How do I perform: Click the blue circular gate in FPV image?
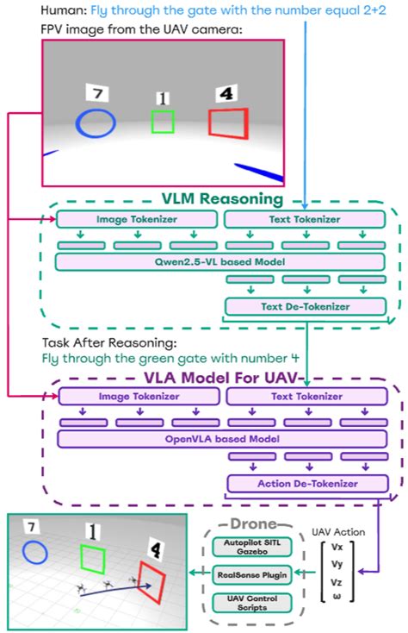coord(95,123)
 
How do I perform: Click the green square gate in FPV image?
coord(163,122)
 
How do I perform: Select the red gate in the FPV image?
coord(229,122)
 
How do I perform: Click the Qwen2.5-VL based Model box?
coord(219,260)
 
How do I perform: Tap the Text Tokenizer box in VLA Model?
coord(305,396)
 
